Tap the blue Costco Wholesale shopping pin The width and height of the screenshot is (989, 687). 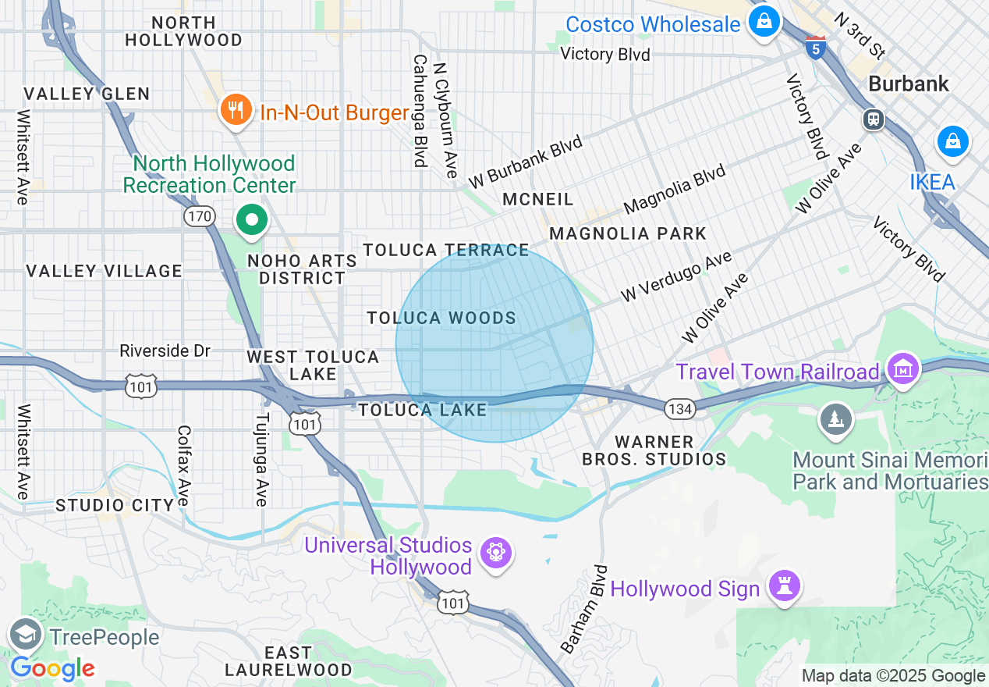click(764, 20)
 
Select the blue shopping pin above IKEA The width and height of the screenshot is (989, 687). click(952, 142)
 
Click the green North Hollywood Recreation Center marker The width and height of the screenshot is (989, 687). click(252, 220)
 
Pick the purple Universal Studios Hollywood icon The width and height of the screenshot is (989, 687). click(495, 554)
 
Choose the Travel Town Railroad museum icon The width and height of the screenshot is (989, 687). click(903, 369)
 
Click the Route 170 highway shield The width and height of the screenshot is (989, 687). click(200, 217)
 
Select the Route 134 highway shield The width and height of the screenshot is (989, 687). click(678, 408)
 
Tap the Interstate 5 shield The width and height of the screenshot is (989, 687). click(816, 48)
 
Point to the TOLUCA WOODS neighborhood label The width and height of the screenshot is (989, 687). click(441, 318)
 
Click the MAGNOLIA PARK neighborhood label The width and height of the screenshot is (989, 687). click(628, 233)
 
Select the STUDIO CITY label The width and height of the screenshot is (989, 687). click(115, 505)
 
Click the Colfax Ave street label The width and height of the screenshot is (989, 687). click(184, 465)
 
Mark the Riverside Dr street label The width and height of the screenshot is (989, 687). click(165, 351)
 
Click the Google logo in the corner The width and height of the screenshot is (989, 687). click(52, 668)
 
